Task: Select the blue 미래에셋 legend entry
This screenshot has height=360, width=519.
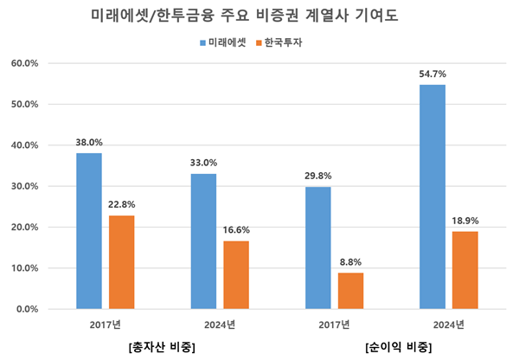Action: coord(227,41)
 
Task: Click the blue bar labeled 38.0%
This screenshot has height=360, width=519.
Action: coord(88,231)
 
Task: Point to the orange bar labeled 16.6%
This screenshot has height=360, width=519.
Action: coord(235,274)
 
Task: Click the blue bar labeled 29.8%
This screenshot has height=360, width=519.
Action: coord(317,247)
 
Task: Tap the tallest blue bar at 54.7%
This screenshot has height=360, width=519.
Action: coord(432,196)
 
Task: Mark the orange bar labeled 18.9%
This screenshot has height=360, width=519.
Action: coord(465,270)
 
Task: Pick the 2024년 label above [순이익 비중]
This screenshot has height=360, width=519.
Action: coord(448,325)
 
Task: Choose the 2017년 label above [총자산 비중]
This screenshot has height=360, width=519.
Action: coord(105,325)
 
